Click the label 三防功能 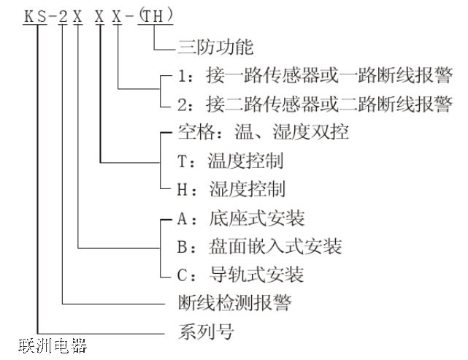pos(215,49)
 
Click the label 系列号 pos(207,331)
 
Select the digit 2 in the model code pos(63,15)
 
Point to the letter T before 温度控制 pos(182,161)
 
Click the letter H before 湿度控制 pos(182,188)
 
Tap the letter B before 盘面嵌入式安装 pos(182,247)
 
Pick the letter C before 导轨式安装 pos(182,275)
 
